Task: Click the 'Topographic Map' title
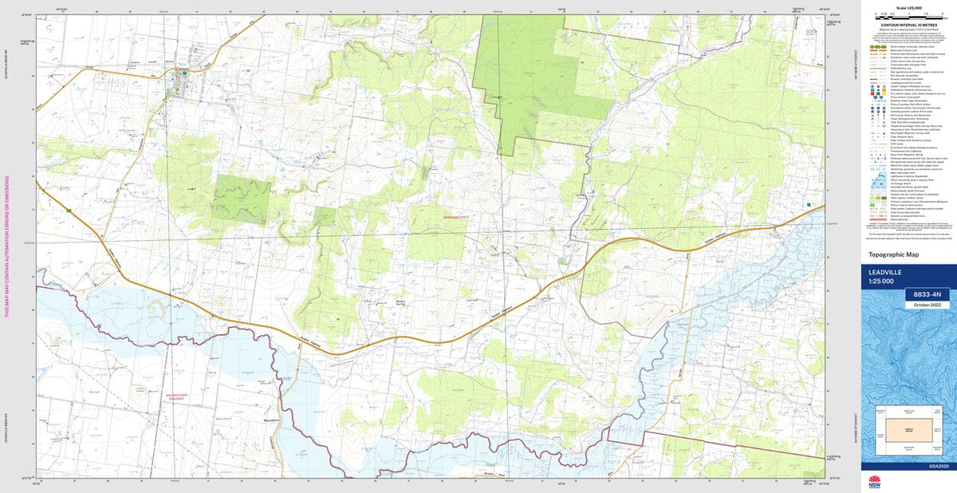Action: coord(892,254)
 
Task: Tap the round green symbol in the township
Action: coord(185,73)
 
